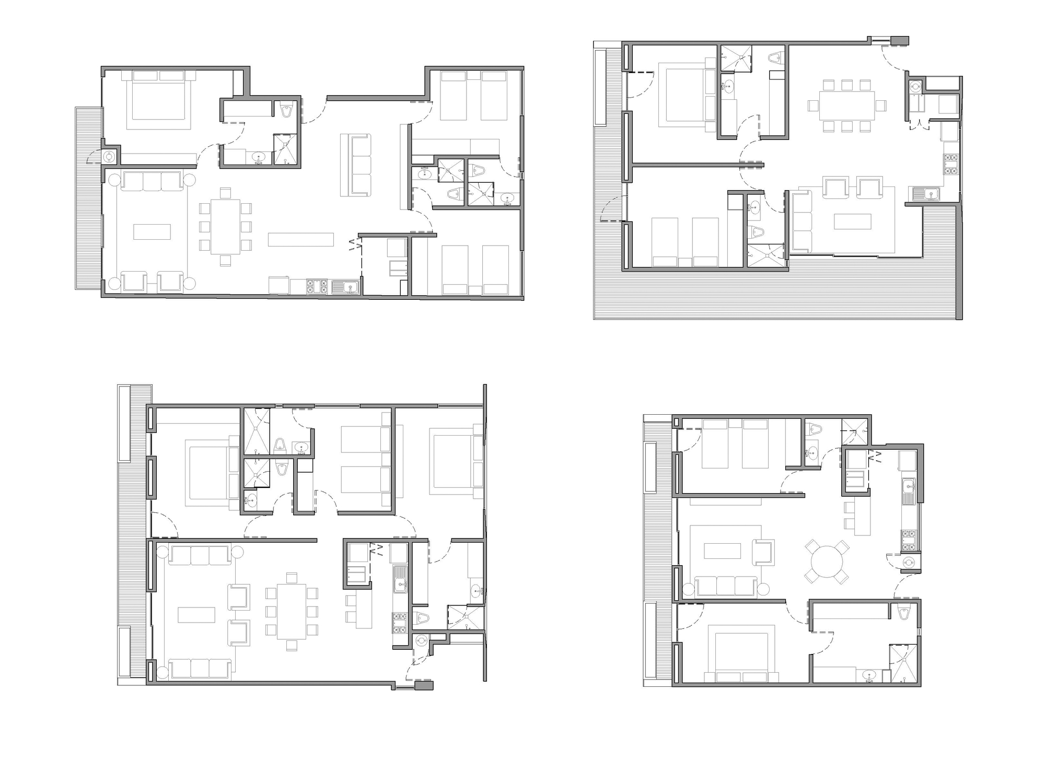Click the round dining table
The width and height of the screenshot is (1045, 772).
point(827,562)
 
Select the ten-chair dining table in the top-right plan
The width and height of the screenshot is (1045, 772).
point(846,106)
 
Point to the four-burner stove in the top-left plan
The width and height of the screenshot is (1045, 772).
point(317,287)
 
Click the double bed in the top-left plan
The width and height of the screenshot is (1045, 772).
point(159,99)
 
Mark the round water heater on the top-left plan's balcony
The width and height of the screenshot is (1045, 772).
point(110,156)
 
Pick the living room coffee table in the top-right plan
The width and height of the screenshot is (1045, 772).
point(853,221)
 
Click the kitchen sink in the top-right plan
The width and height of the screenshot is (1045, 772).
point(926,194)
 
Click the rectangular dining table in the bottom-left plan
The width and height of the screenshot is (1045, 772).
point(292,611)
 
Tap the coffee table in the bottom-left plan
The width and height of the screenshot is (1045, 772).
point(196,614)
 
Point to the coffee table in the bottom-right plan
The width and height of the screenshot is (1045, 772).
point(722,551)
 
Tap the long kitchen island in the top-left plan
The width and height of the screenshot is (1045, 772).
point(301,239)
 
